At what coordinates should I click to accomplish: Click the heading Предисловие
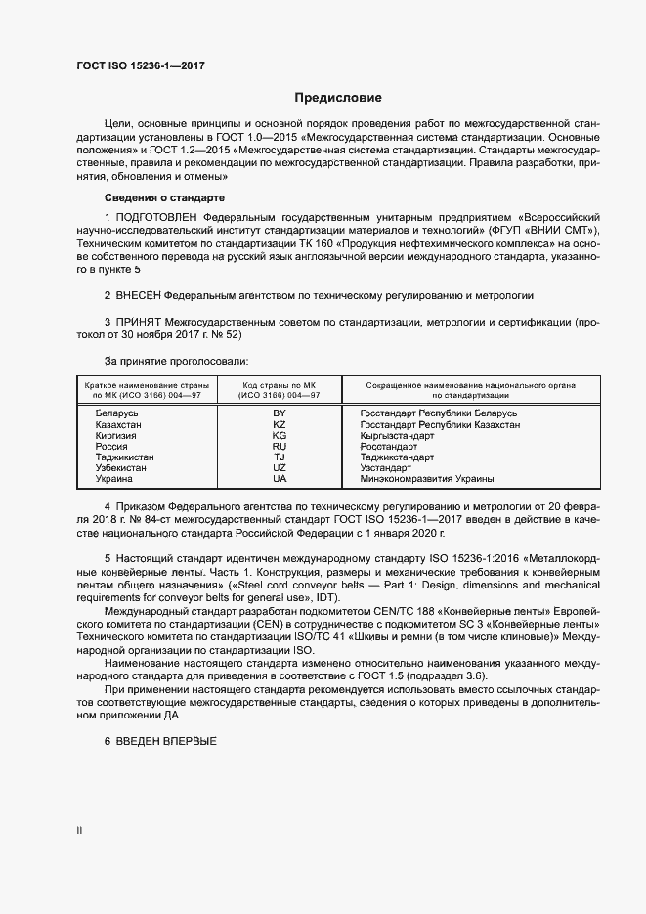pyautogui.click(x=338, y=98)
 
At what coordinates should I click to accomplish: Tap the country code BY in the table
pyautogui.click(x=280, y=413)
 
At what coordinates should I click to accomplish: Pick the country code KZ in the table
pyautogui.click(x=280, y=425)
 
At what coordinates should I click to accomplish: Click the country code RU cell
pyautogui.click(x=280, y=447)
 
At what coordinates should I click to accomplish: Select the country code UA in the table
pyautogui.click(x=280, y=479)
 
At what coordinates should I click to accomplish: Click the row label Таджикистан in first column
pyautogui.click(x=124, y=457)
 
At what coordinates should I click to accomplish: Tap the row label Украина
pyautogui.click(x=115, y=479)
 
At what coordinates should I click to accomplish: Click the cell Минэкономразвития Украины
pyautogui.click(x=426, y=479)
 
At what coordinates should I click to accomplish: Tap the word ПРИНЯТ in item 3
pyautogui.click(x=141, y=321)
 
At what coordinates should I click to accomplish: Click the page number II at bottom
pyautogui.click(x=80, y=831)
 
